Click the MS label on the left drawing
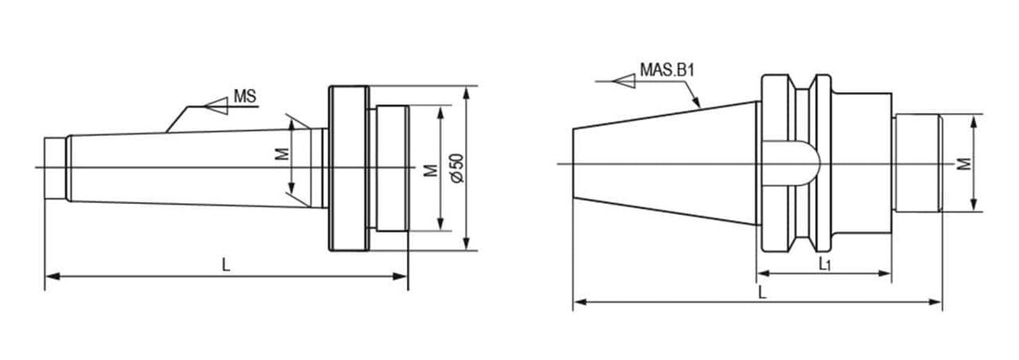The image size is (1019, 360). pyautogui.click(x=244, y=97)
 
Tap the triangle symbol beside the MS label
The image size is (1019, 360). pyautogui.click(x=217, y=106)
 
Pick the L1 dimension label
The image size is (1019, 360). pyautogui.click(x=824, y=263)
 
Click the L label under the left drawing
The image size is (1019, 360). pyautogui.click(x=226, y=264)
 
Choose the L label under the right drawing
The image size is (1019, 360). pyautogui.click(x=760, y=292)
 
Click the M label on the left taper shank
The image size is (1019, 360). pyautogui.click(x=282, y=155)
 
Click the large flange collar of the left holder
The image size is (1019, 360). pyautogui.click(x=348, y=168)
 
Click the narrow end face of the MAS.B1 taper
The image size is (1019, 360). pyautogui.click(x=575, y=164)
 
